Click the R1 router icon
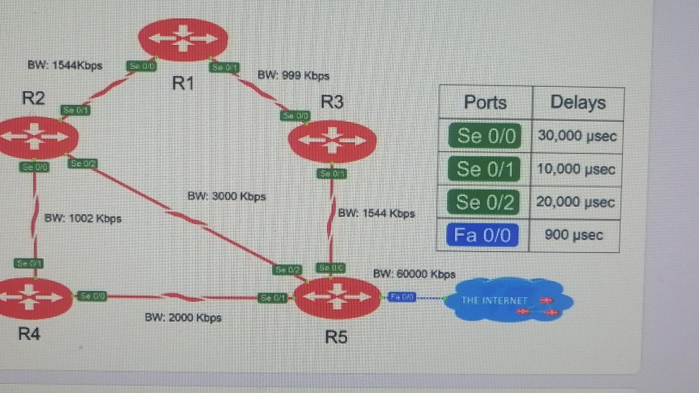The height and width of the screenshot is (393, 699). pos(183,39)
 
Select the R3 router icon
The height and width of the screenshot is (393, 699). pos(332,141)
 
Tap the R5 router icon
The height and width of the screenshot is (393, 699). pos(337,297)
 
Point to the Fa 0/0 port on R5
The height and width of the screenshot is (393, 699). pos(401,297)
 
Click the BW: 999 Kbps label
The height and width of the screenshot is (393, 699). pos(293,76)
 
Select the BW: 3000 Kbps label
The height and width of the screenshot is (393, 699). pos(226,196)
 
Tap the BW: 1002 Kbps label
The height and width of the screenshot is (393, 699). pos(83,219)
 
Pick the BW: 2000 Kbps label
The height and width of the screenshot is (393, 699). pos(183,318)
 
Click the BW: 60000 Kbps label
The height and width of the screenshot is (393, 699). pos(414,274)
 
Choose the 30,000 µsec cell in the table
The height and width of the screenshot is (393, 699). pos(577,136)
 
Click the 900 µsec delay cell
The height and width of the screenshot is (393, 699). pos(574,235)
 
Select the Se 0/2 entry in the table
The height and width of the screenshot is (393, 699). pos(485,202)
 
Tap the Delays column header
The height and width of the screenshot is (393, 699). pos(578,102)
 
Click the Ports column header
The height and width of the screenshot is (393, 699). pos(485,102)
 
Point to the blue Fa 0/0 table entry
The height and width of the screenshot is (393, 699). pos(482,235)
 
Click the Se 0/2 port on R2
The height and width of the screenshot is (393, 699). pos(83,164)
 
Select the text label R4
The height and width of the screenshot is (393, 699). pos(29,334)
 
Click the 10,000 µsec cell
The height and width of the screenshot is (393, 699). pos(576,169)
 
